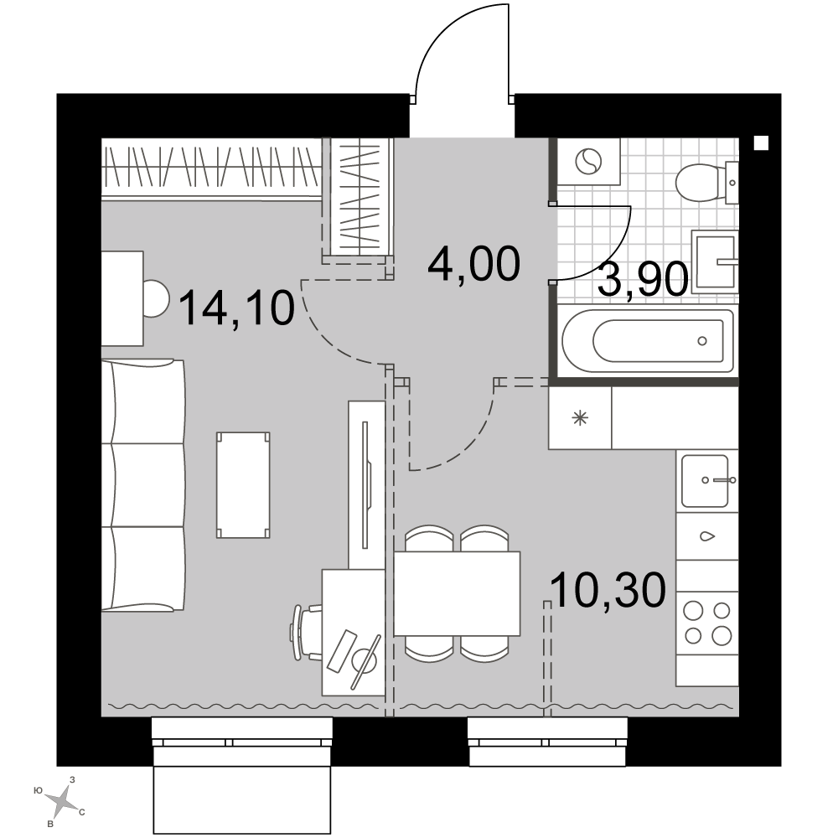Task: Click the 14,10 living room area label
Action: coord(237,308)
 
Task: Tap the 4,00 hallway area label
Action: coord(474,263)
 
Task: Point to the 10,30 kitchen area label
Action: coord(608,590)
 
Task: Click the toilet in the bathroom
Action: coord(706,182)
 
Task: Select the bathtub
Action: coord(648,340)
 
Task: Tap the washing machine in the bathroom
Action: coord(588,162)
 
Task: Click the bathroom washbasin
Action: coord(715,261)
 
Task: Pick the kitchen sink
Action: coord(706,480)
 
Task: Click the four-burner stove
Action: coord(707,623)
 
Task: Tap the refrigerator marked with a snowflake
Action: coord(580,418)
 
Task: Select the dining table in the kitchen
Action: coord(457,594)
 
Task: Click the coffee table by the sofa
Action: coord(243,484)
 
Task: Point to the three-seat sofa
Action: coord(143,484)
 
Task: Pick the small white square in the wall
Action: coord(761,143)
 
